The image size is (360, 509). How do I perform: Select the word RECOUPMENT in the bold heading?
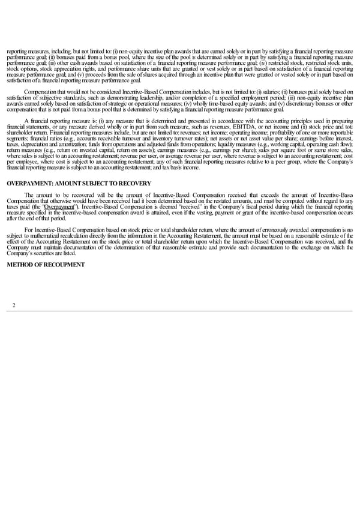[x=64, y=265]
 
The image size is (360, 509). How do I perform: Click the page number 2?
[x=13, y=306]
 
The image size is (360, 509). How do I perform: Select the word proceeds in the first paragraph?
[x=113, y=74]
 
